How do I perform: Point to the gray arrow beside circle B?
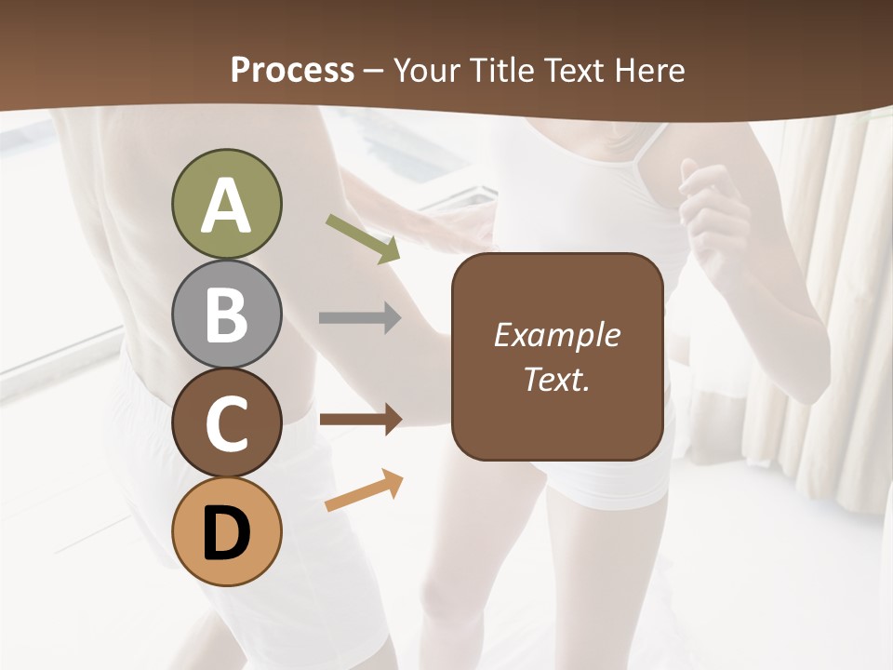point(360,318)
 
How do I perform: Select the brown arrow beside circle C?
point(360,420)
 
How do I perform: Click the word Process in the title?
point(292,70)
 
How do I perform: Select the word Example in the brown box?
point(556,335)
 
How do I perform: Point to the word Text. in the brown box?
point(556,379)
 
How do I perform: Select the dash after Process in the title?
point(374,71)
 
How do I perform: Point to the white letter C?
point(226,423)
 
